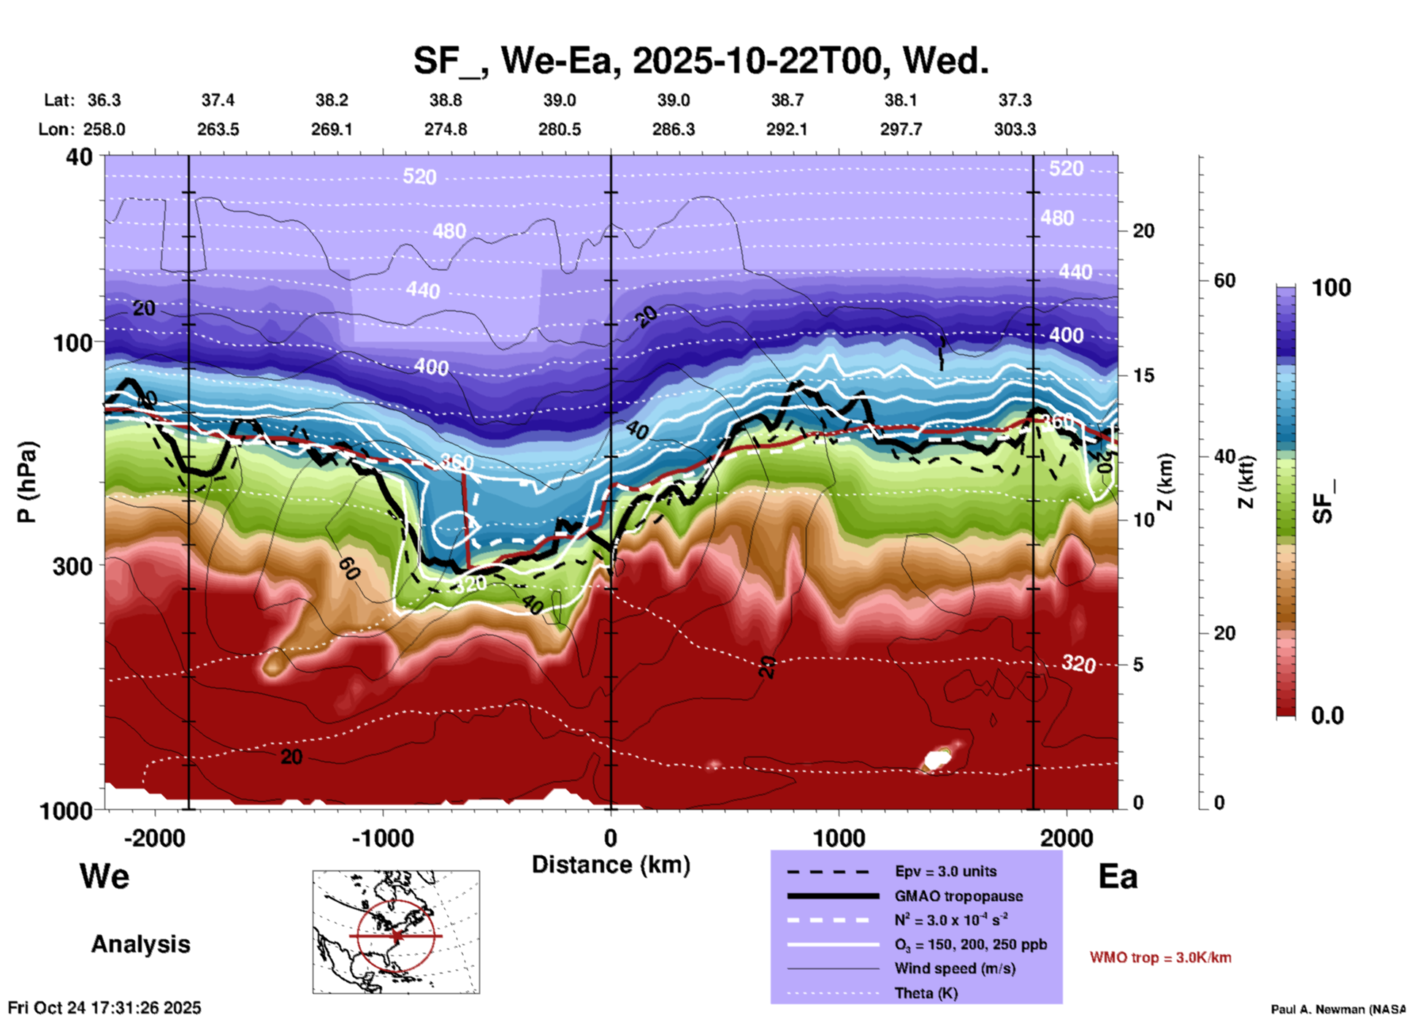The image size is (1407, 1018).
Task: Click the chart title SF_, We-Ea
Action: (x=701, y=61)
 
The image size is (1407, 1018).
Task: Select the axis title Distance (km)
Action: (x=611, y=865)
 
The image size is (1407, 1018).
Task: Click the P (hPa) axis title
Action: (x=27, y=482)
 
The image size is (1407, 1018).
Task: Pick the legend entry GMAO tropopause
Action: (x=958, y=896)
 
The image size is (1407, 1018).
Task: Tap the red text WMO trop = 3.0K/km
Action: (x=1160, y=957)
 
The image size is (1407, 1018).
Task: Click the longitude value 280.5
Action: (x=560, y=129)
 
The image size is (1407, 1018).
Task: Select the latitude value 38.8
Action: (x=446, y=100)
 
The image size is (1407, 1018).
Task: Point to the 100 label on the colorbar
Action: (x=1331, y=288)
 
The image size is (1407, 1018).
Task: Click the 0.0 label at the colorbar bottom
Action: (x=1327, y=716)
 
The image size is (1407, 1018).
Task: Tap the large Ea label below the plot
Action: (x=1118, y=876)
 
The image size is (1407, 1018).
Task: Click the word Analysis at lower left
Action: (x=140, y=944)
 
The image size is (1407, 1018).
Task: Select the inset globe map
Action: (x=396, y=932)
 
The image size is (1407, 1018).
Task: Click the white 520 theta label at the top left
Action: (x=419, y=177)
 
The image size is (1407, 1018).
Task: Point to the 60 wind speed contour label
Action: (x=349, y=568)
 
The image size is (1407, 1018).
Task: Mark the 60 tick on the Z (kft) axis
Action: (x=1224, y=280)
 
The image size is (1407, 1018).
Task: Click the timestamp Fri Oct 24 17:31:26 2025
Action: (x=104, y=1008)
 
